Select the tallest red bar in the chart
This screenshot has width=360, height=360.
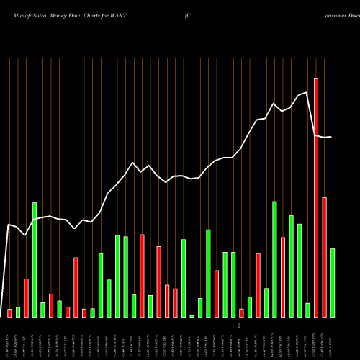pos(316,198)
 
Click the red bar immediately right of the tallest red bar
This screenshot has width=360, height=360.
pos(324,257)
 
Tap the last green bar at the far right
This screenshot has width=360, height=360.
pos(333,282)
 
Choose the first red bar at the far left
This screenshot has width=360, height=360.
pos(9,312)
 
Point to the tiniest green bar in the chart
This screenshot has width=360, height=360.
pos(192,315)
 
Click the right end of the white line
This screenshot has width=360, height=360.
pos(332,137)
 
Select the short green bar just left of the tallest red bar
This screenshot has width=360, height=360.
pos(307,310)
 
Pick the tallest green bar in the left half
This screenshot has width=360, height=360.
pos(35,259)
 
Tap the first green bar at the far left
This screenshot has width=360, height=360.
pos(18,312)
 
